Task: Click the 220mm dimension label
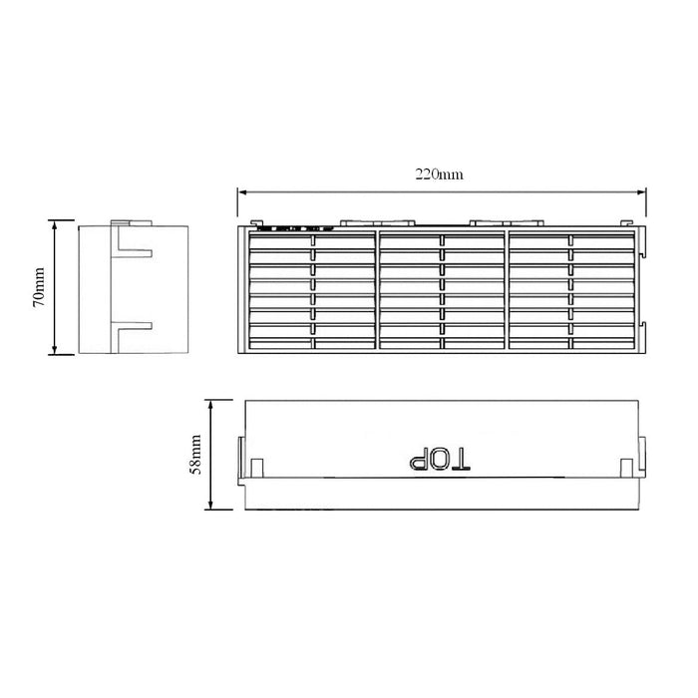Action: tap(439, 174)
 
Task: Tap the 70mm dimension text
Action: tap(37, 287)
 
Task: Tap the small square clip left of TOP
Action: tap(257, 468)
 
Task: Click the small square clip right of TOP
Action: tap(625, 468)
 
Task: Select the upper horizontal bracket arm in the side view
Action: tap(134, 250)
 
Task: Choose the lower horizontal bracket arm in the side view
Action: tap(134, 325)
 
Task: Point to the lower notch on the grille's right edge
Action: tap(646, 331)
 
